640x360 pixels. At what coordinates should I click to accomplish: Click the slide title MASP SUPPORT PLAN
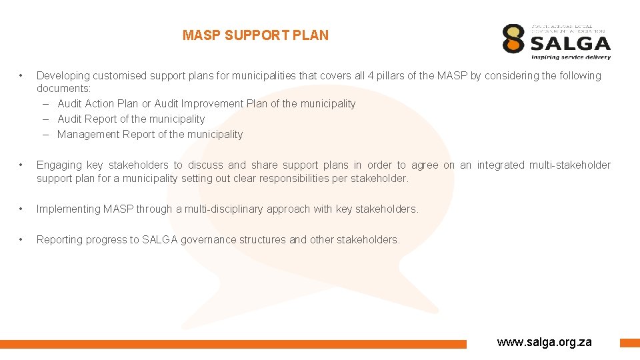(255, 35)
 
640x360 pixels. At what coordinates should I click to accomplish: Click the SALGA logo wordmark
(571, 44)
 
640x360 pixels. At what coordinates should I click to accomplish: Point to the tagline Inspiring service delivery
(571, 57)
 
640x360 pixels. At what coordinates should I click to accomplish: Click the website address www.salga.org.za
(544, 342)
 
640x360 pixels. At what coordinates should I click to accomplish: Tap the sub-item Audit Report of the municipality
(131, 119)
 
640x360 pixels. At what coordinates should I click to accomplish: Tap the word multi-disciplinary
(223, 209)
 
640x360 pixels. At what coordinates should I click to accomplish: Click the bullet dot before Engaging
(22, 165)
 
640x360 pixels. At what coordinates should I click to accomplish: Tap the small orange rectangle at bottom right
(629, 343)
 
